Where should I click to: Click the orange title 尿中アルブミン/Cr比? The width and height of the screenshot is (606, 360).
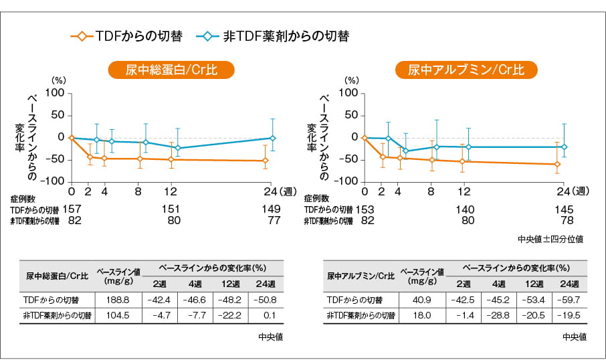point(466,70)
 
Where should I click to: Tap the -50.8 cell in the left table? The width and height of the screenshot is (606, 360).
point(266,300)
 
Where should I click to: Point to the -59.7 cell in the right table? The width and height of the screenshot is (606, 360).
point(569,300)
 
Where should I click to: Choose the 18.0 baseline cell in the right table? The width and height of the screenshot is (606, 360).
point(421,315)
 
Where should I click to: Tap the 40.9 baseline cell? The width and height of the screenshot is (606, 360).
point(421,300)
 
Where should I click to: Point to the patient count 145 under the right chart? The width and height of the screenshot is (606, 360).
point(564,209)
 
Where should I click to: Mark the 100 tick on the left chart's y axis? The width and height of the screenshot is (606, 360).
point(54,93)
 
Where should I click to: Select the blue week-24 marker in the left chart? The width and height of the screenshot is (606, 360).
point(272,138)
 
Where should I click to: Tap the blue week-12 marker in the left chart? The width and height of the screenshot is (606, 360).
point(177,148)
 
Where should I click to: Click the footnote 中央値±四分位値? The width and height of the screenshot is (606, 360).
point(550,239)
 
